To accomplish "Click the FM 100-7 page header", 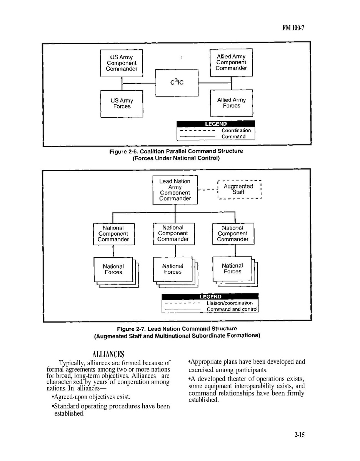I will click(x=293, y=28).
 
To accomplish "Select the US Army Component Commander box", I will click(x=122, y=63).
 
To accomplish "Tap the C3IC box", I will click(x=177, y=82).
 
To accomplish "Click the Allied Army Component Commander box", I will click(x=231, y=62).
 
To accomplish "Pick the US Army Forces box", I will click(x=122, y=103).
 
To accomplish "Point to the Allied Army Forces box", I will click(x=232, y=103).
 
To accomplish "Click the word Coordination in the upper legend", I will click(x=236, y=130).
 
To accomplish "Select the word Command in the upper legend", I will click(x=233, y=136).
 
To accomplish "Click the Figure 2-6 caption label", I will click(x=176, y=151).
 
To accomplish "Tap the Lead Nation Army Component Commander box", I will click(x=175, y=190).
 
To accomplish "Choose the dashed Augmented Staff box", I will click(x=239, y=189).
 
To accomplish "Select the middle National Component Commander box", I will click(x=173, y=233).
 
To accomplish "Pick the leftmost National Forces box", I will click(x=113, y=269).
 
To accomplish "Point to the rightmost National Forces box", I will click(x=232, y=268).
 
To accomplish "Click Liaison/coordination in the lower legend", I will click(x=230, y=303).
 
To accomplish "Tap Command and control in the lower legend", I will click(x=232, y=309).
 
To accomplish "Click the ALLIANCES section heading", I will click(x=108, y=354).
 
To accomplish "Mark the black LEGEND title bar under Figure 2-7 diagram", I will click(x=210, y=296).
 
